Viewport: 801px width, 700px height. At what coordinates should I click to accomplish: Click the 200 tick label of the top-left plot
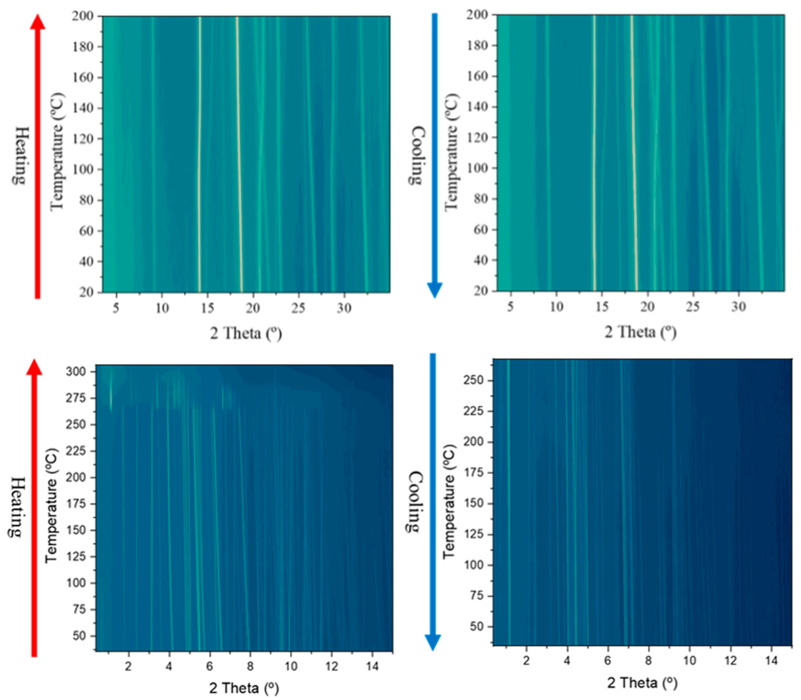pos(82,16)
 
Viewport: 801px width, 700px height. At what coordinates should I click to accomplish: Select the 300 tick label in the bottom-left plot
pos(76,371)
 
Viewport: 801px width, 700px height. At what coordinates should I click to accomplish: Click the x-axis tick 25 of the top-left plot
pos(298,308)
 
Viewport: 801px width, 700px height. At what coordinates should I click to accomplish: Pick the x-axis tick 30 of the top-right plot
pos(739,307)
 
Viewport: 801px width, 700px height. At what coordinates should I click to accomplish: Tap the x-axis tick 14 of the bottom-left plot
pos(373,666)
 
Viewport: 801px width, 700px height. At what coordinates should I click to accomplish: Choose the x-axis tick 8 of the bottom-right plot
pos(649,661)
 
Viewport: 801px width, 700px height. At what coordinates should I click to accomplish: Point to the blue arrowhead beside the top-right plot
pos(434,290)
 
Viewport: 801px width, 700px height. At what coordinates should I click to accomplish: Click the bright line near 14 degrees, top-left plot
pos(200,156)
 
